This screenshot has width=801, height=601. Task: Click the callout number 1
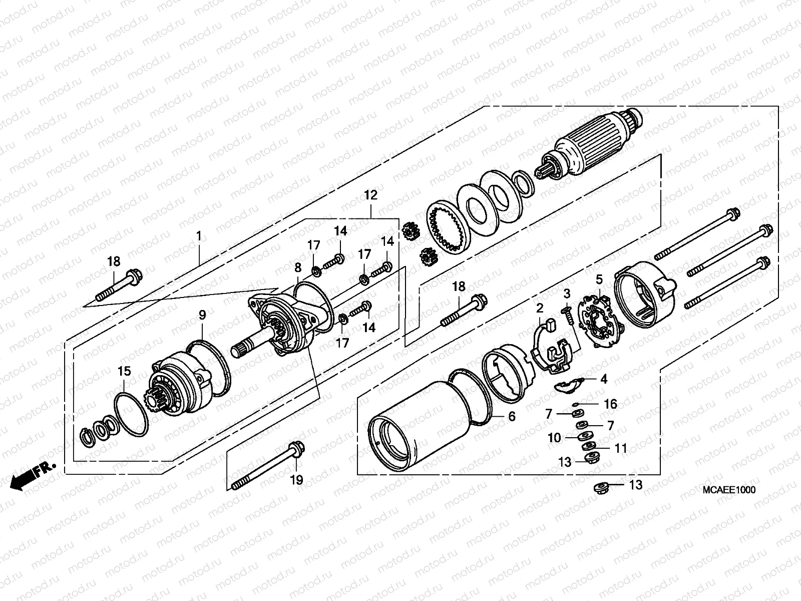[x=199, y=235]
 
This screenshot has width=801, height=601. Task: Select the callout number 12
[x=370, y=195]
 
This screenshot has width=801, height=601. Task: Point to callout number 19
[x=296, y=480]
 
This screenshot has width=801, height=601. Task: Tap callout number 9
[x=202, y=315]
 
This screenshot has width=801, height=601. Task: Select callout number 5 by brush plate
[x=599, y=279]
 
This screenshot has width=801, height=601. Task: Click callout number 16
[x=610, y=404]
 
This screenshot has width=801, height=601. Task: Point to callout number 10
[x=554, y=438]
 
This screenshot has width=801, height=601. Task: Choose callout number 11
[x=621, y=448]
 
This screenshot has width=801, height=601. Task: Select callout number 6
[x=511, y=416]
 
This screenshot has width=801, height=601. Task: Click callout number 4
[x=604, y=379]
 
